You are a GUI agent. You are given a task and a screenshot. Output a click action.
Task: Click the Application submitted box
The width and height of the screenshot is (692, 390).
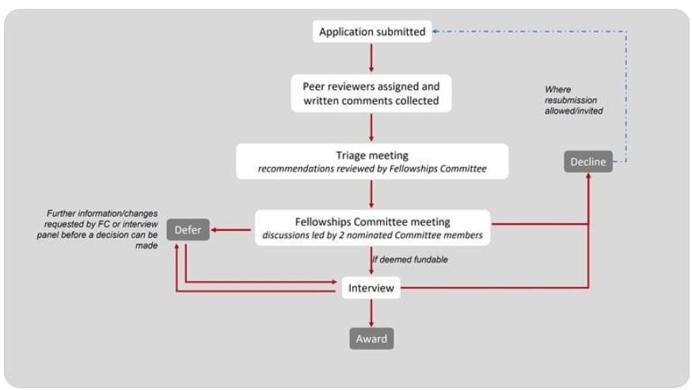tap(372, 32)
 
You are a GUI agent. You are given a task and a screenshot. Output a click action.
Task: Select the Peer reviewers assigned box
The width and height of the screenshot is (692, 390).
tap(371, 93)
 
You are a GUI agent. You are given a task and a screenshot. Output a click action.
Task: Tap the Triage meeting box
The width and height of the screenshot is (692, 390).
tap(372, 161)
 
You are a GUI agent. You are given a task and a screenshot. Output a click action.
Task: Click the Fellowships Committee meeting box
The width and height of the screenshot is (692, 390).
tap(372, 228)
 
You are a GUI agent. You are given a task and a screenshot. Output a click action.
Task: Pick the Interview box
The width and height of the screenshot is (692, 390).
tap(371, 288)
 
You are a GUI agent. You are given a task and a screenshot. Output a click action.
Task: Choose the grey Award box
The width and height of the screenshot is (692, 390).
tap(371, 339)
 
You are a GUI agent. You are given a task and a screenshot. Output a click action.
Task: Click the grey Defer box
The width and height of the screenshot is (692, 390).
tap(188, 229)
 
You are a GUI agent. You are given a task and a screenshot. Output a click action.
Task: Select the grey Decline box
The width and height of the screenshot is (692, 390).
tap(588, 161)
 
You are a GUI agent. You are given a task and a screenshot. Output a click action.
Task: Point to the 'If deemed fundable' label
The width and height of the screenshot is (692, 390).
tap(410, 259)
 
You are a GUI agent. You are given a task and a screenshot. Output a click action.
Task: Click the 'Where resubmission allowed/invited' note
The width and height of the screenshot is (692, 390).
tap(574, 100)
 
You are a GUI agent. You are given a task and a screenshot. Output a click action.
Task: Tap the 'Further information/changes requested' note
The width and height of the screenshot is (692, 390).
tap(97, 229)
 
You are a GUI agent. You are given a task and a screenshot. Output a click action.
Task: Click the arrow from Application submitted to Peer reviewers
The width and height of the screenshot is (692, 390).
tap(371, 57)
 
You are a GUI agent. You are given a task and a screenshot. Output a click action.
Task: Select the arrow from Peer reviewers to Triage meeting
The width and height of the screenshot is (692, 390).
tap(371, 127)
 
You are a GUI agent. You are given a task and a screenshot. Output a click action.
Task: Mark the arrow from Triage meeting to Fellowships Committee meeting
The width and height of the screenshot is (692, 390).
tap(371, 194)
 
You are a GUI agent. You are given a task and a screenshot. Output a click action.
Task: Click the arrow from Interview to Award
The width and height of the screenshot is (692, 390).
tap(371, 313)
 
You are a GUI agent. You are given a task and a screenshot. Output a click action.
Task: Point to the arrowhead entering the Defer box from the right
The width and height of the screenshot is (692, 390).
tap(214, 230)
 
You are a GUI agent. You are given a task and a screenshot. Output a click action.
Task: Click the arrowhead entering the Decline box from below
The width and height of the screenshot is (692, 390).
tap(588, 176)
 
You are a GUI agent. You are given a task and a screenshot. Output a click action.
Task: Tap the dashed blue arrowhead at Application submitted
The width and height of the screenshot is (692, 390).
tap(435, 32)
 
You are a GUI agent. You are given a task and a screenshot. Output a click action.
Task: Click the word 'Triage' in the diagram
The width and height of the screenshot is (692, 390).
tap(351, 155)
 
